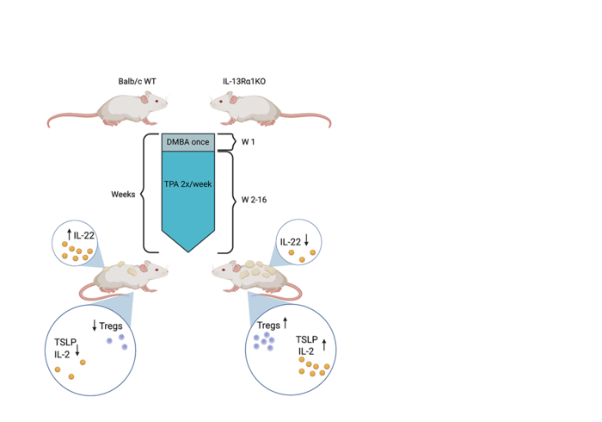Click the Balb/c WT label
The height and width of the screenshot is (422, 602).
tap(137, 81)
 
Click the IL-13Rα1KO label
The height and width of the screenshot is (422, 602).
tap(246, 81)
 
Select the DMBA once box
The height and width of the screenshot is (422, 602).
tap(187, 142)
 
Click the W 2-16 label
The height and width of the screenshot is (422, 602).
tap(255, 202)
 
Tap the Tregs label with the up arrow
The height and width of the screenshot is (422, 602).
tap(272, 325)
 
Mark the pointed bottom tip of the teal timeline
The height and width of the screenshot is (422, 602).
tap(187, 251)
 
